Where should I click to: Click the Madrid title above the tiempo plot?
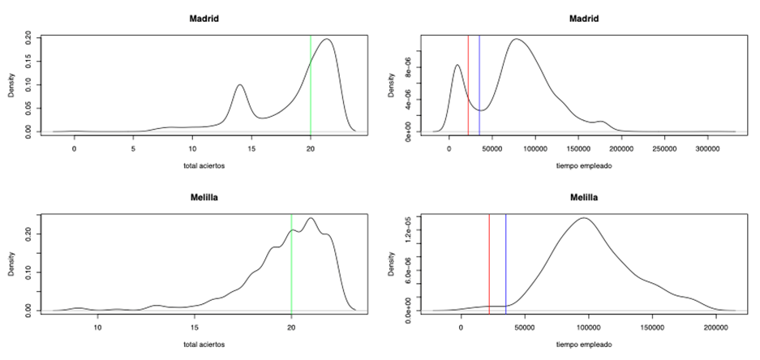click(x=584, y=19)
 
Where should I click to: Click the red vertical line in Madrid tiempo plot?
click(x=468, y=81)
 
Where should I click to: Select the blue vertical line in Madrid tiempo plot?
click(x=479, y=81)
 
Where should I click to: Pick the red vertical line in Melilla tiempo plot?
click(x=489, y=259)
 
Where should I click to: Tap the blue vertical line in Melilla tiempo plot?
click(x=506, y=259)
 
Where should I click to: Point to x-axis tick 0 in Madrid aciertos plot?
click(x=74, y=149)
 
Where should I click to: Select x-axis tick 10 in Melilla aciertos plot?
click(x=97, y=328)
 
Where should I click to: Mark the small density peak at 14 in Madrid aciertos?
click(x=239, y=85)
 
